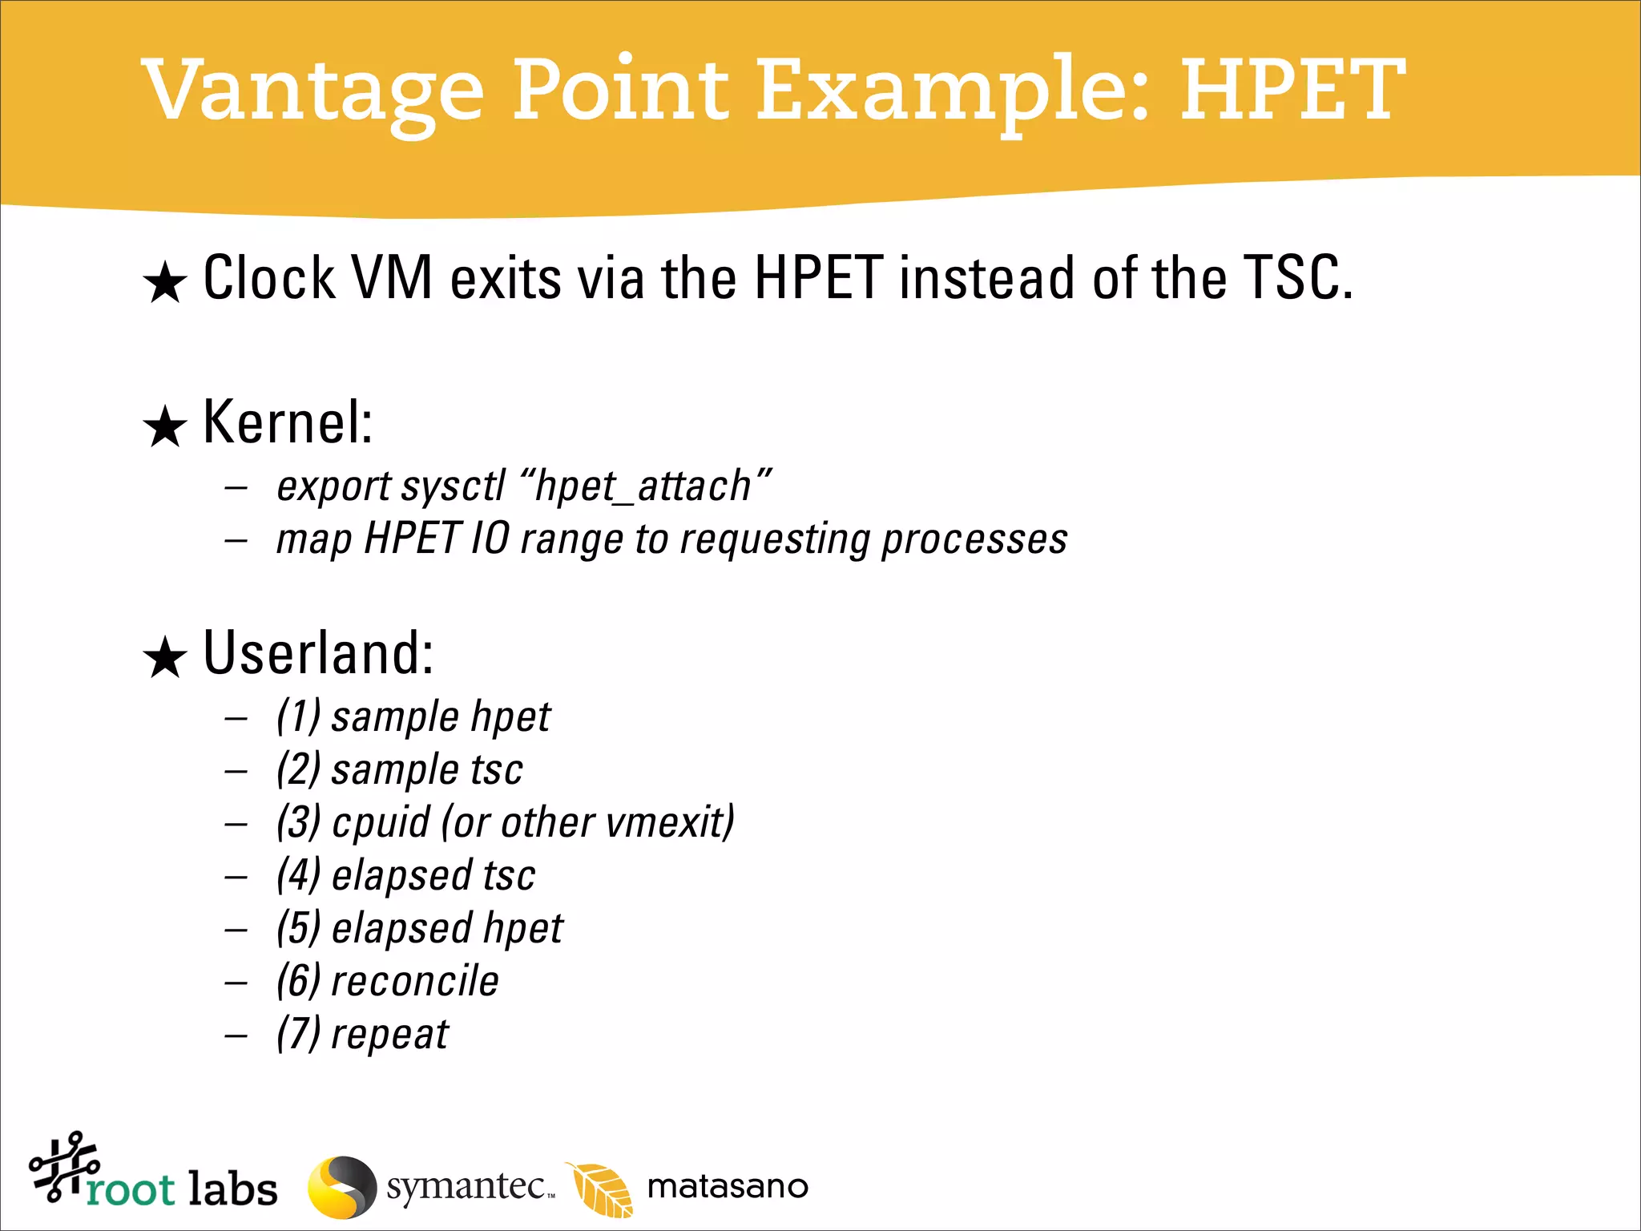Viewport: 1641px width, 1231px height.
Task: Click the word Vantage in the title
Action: point(312,92)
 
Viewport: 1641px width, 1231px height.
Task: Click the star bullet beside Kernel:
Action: point(165,426)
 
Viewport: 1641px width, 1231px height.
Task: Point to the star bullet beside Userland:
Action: point(165,658)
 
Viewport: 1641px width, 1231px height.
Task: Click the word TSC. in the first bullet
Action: point(1297,278)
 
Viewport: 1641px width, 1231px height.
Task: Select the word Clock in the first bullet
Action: point(269,278)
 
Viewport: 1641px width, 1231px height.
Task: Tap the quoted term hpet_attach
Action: point(645,486)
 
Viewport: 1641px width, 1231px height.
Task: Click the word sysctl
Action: point(454,486)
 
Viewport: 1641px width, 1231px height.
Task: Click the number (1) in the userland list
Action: point(299,716)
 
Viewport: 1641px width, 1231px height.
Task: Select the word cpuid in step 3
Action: point(381,823)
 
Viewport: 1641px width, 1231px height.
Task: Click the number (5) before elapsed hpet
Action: point(299,929)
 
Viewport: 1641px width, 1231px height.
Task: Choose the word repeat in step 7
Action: point(390,1035)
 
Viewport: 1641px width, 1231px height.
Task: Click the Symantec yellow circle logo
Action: point(342,1187)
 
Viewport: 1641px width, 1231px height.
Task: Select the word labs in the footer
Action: point(232,1189)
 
